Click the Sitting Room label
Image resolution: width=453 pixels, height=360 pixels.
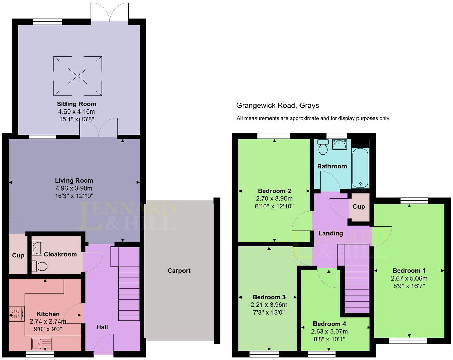(76, 104)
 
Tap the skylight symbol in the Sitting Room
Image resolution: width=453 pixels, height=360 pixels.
(77, 76)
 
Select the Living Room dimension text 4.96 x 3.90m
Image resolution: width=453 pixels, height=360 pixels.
(74, 188)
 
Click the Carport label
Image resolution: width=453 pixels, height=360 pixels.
(179, 271)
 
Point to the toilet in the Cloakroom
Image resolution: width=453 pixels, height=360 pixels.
(39, 266)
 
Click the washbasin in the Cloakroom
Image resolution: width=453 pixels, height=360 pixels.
(36, 248)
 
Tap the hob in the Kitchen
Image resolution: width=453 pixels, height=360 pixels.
(16, 314)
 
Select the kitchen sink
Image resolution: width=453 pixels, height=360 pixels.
(41, 344)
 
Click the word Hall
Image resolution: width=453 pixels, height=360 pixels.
(102, 327)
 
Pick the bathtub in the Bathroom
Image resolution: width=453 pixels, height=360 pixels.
(360, 168)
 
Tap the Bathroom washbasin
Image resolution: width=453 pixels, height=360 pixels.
(339, 145)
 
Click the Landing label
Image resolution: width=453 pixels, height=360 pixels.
(331, 233)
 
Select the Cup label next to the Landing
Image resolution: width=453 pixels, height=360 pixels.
(359, 207)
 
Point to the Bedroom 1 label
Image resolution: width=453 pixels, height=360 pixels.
(409, 271)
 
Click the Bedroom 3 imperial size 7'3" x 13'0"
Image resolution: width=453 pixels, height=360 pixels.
(269, 312)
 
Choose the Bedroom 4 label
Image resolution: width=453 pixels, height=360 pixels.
(329, 324)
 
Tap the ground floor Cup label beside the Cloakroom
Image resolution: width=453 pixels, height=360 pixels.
(18, 255)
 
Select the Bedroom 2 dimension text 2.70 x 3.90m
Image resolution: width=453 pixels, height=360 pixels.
(274, 198)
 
